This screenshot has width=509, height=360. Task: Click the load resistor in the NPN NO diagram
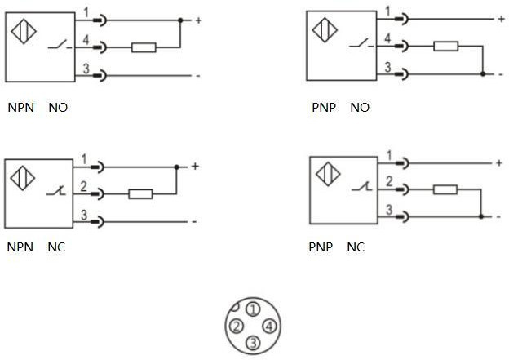coord(144,47)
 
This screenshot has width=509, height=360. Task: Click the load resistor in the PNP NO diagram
coord(445,46)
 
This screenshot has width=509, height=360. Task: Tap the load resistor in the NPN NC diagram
coord(140,194)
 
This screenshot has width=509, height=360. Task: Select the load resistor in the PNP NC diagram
coord(445,190)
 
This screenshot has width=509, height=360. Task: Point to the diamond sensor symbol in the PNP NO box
coord(326,30)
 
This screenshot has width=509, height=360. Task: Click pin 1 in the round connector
coord(253,309)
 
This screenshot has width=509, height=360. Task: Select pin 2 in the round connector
coord(237,327)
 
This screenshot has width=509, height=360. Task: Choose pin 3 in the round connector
coord(253,343)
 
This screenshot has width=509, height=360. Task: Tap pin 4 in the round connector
coord(270,327)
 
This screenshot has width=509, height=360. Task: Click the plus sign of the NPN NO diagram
coord(197,20)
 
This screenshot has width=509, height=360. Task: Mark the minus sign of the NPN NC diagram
coord(195,221)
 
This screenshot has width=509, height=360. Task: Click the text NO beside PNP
coord(360,107)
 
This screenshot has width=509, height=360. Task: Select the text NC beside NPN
coord(56,247)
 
